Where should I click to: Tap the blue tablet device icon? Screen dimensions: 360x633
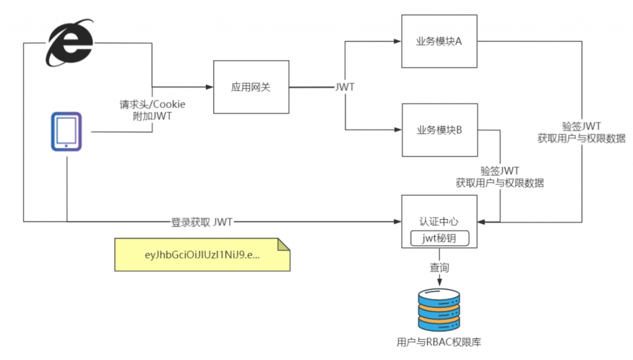tap(66, 131)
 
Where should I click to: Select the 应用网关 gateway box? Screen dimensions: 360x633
tap(251, 87)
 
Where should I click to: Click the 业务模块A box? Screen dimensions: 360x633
tap(440, 41)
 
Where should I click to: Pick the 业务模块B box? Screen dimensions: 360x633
tap(440, 130)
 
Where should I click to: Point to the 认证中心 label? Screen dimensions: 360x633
tap(440, 221)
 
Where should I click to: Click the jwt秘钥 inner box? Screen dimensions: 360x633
tap(440, 238)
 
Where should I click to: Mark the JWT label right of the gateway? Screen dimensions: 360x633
tap(344, 87)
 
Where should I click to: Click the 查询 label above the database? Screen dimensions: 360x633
tap(440, 268)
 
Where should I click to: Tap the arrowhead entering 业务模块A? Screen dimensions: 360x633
tap(397, 41)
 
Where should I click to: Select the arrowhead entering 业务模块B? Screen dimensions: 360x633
tap(397, 130)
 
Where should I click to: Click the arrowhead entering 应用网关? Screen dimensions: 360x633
tap(210, 87)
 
